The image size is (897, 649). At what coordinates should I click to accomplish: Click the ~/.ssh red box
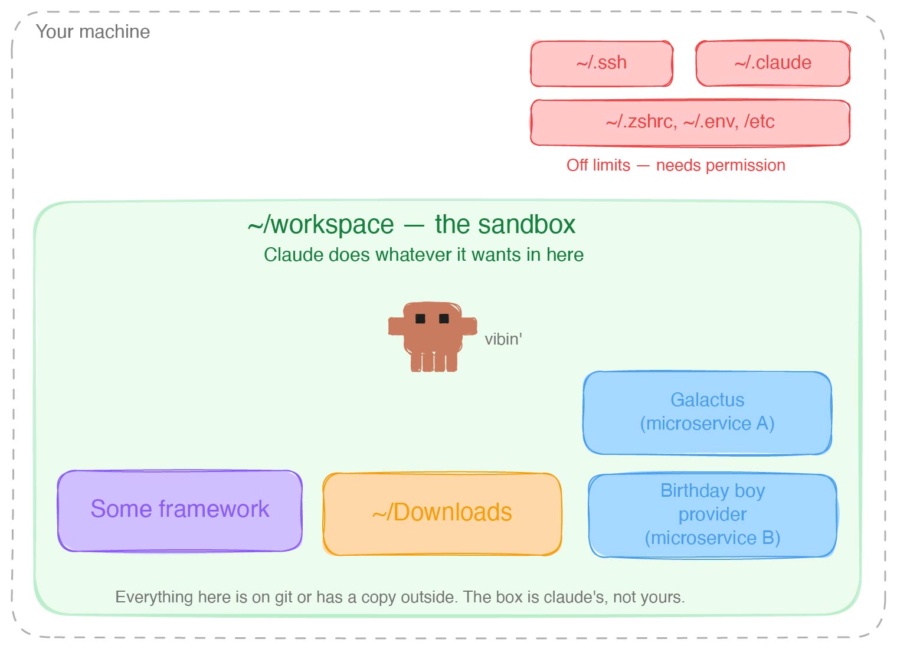601,63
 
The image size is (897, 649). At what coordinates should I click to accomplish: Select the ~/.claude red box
772,63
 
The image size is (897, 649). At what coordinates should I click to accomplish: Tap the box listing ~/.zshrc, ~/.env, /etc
690,122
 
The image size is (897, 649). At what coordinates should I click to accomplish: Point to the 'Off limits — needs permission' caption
676,165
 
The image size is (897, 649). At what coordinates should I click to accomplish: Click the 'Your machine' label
93,32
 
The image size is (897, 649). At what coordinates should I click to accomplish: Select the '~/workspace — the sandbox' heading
411,225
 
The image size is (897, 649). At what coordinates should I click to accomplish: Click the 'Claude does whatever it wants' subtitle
423,255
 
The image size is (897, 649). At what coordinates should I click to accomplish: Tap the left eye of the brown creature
420,319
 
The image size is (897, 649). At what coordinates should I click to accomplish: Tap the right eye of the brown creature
444,319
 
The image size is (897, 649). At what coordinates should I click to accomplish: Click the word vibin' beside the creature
503,339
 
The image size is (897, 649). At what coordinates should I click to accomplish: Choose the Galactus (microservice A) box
707,412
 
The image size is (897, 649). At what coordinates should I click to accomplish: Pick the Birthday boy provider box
712,515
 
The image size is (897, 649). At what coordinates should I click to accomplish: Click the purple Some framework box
180,510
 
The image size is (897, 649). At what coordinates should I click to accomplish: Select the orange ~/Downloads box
442,513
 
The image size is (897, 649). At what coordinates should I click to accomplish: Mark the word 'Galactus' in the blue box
707,400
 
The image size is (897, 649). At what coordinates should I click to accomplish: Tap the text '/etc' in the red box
759,122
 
